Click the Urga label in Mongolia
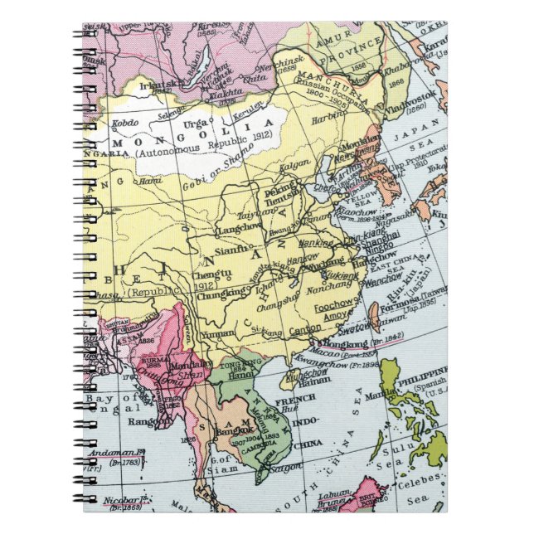[x=194, y=124]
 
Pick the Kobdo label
[x=125, y=125]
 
